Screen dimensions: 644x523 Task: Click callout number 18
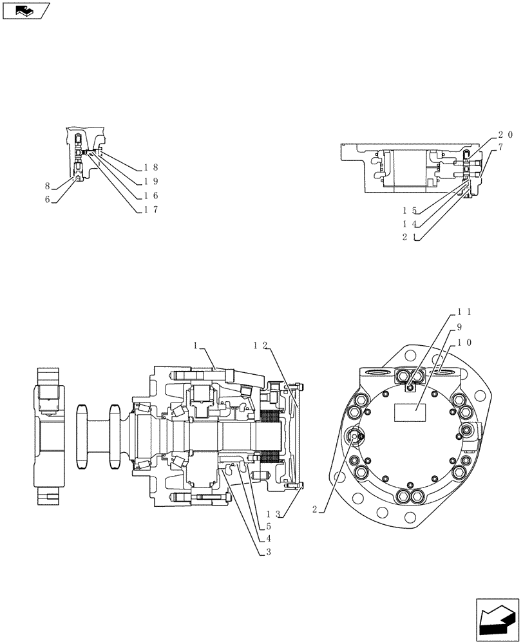[x=150, y=167]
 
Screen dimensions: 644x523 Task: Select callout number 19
[x=150, y=181]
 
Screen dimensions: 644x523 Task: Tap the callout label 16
[x=150, y=195]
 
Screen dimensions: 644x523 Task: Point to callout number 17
[x=150, y=209]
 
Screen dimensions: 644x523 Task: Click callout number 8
[x=48, y=186]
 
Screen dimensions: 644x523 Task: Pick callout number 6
[x=48, y=200]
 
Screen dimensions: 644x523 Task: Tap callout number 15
[x=410, y=211]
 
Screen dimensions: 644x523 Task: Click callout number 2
[x=314, y=509]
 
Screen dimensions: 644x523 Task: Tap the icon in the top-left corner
[x=25, y=11]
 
